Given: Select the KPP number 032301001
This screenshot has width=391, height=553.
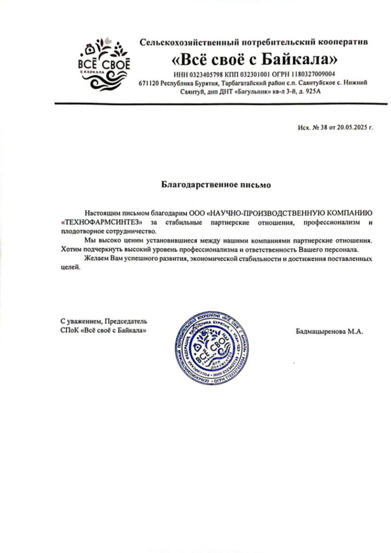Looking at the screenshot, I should click(x=250, y=74).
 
